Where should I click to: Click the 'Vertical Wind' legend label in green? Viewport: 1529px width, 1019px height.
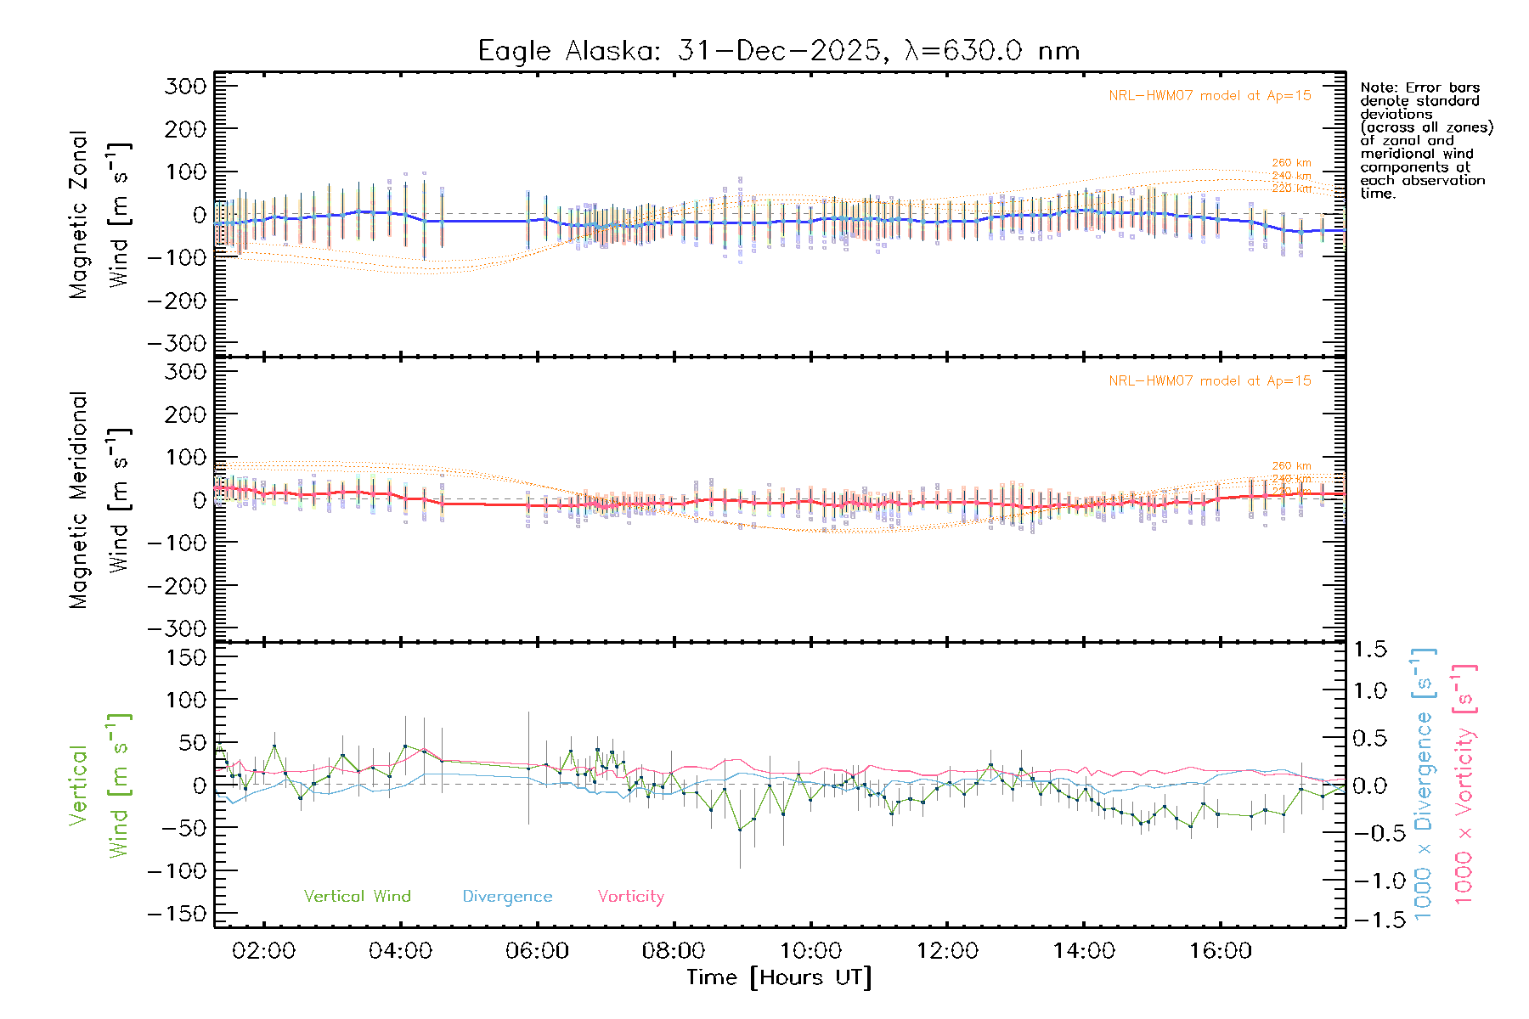click(x=357, y=897)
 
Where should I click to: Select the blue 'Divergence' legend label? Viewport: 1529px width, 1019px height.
click(x=507, y=897)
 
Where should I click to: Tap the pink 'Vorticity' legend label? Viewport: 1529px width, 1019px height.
click(x=630, y=897)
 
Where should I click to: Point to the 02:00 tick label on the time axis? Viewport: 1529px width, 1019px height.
click(x=263, y=951)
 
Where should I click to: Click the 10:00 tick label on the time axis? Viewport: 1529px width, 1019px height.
click(x=810, y=951)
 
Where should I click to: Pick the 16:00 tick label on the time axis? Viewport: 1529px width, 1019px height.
click(x=1220, y=951)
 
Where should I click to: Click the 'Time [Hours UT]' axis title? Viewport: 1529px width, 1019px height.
click(x=779, y=977)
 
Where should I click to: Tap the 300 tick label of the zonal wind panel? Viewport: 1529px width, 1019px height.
click(x=185, y=87)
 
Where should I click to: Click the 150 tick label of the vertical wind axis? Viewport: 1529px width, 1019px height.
click(x=185, y=657)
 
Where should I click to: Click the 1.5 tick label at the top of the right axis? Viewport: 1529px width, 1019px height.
click(x=1370, y=650)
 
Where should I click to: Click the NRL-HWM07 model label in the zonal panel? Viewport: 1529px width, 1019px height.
click(x=1210, y=96)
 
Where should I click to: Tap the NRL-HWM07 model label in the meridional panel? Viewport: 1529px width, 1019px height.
click(x=1210, y=381)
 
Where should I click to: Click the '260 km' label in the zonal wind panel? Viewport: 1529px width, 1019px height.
click(x=1291, y=163)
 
